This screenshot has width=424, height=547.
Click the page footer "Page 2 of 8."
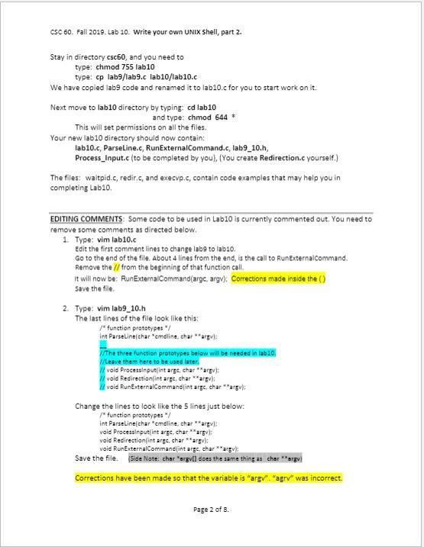(212, 509)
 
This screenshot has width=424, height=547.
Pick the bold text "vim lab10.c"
(112, 240)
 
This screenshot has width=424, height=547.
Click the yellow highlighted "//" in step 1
(116, 268)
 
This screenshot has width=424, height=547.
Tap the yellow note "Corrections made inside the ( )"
(278, 278)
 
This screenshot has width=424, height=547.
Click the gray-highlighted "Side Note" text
(215, 459)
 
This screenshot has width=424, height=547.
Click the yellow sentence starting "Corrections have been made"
(209, 478)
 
